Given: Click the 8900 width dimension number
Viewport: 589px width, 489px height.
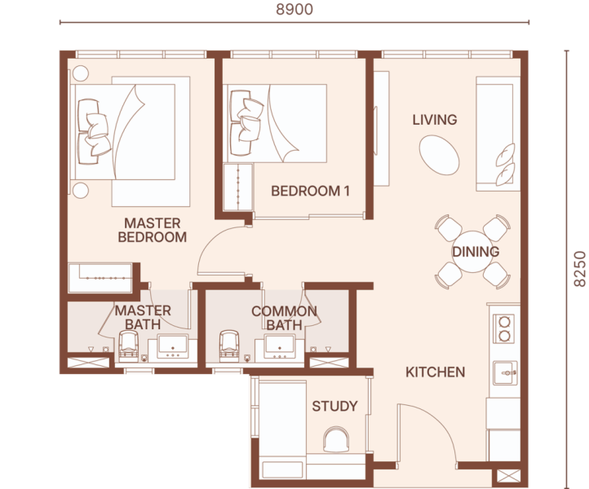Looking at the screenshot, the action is (x=294, y=10).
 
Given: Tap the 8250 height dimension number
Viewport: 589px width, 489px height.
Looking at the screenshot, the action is (x=580, y=269).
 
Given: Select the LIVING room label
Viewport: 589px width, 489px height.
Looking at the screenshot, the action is (x=435, y=120).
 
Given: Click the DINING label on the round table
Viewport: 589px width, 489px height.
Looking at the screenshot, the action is (x=476, y=252).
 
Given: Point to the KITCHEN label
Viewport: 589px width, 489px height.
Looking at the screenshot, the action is (x=436, y=372).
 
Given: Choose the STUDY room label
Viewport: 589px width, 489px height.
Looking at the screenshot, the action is (x=334, y=406).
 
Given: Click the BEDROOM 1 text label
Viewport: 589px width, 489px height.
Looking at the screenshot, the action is (x=310, y=191).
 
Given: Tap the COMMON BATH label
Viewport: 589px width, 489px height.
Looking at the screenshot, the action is (x=285, y=318).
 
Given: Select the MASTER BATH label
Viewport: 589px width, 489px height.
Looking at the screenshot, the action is (x=143, y=318).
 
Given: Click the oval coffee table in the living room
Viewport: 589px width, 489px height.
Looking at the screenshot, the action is (x=439, y=155).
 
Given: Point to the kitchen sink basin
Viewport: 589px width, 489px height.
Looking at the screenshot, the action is (x=506, y=372).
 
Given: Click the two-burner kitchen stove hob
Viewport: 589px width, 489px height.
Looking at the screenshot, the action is (x=503, y=328).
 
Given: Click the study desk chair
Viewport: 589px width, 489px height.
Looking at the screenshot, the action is (x=336, y=439).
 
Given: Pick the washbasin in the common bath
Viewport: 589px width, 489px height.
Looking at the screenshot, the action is (x=280, y=346).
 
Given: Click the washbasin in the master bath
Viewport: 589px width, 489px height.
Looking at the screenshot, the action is (x=173, y=346).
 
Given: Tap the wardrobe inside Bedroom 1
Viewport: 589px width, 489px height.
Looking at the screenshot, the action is (x=238, y=187).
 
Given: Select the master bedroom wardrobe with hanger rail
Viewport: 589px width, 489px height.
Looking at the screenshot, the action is (x=100, y=278).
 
